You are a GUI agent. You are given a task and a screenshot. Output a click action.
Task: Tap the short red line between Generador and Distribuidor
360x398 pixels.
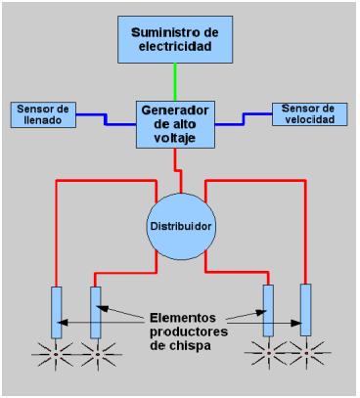177,164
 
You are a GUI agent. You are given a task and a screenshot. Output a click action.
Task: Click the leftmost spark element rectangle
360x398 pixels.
57,312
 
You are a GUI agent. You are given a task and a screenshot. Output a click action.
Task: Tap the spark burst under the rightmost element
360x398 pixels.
308,350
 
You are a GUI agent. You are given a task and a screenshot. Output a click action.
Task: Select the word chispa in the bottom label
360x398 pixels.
190,347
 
